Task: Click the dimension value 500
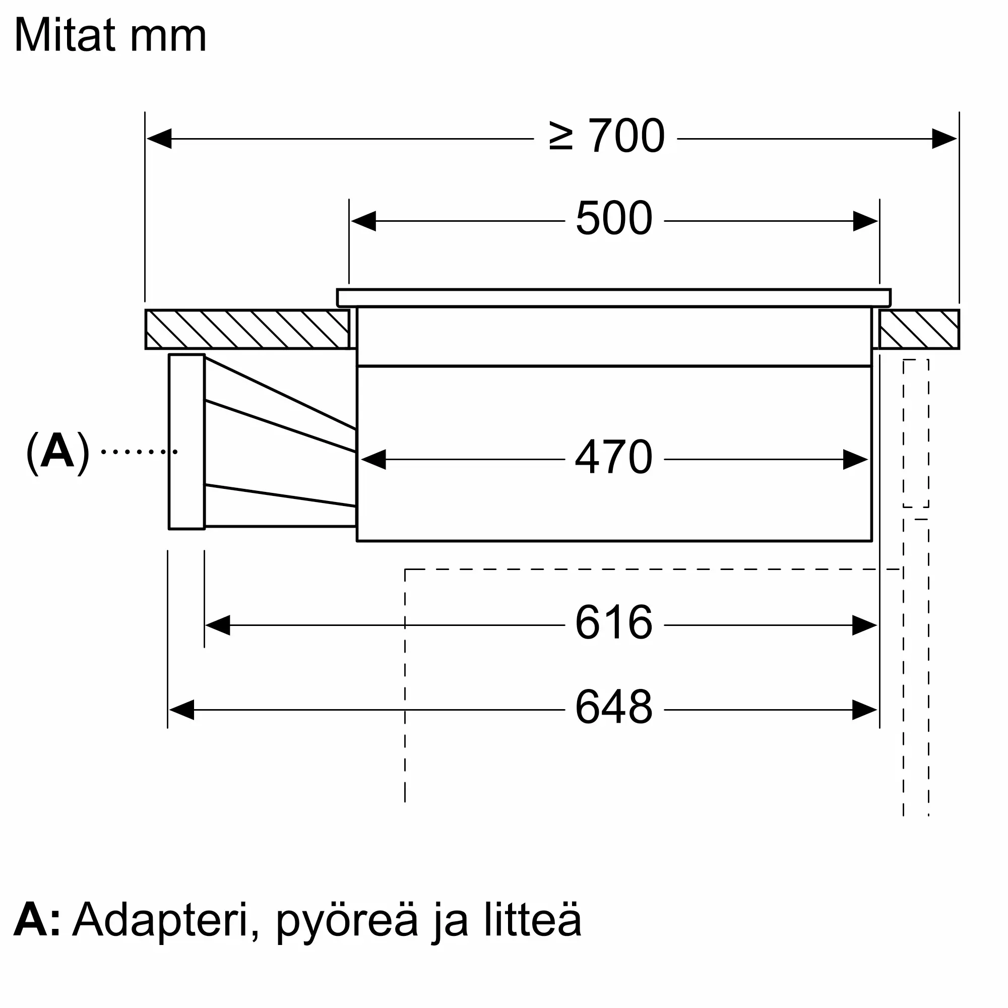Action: (613, 219)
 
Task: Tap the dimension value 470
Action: (613, 457)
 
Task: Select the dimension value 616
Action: (613, 622)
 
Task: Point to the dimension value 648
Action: (613, 707)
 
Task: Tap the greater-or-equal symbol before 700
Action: (561, 137)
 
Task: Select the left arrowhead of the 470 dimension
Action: (373, 460)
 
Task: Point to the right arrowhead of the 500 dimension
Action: (865, 221)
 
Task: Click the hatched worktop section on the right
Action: (919, 329)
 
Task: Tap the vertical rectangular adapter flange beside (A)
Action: (186, 442)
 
